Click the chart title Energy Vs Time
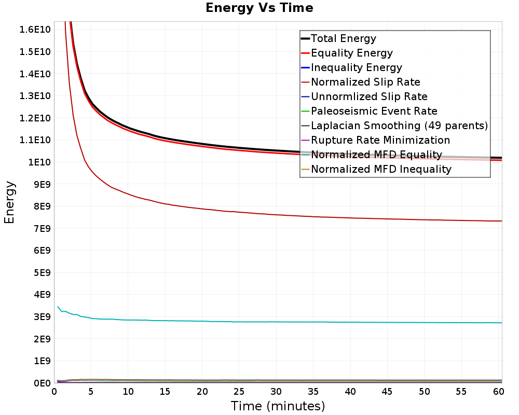[x=259, y=8]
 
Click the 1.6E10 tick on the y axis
[x=35, y=30]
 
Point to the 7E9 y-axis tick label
[x=42, y=228]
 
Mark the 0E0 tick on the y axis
[x=42, y=383]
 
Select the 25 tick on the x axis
[x=239, y=392]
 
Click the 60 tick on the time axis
[x=498, y=392]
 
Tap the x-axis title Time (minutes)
[x=278, y=406]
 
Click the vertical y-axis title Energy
[x=9, y=202]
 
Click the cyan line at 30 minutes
[x=276, y=322]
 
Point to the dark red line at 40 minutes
[x=350, y=218]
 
